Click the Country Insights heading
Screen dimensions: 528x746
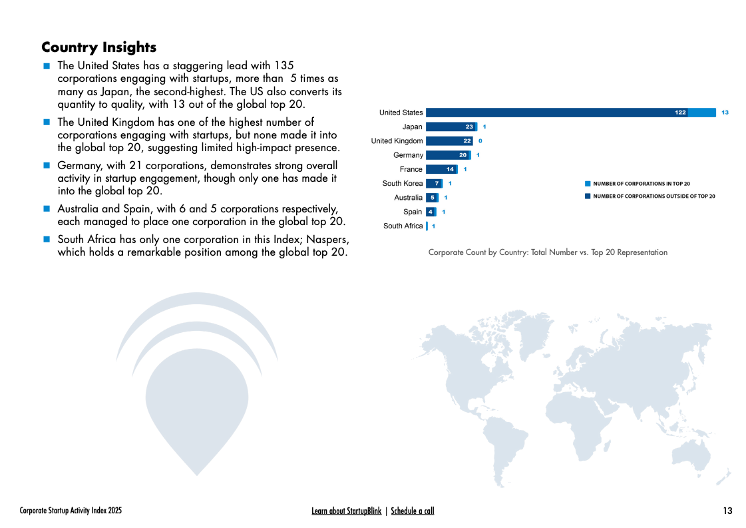[x=98, y=47]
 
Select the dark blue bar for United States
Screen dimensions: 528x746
[x=556, y=113]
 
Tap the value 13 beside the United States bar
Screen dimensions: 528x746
[x=725, y=113]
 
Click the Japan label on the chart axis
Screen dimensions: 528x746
[x=412, y=127]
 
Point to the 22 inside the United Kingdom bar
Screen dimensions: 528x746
[x=467, y=141]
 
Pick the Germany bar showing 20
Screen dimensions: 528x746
[x=447, y=155]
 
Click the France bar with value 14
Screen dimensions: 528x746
[x=441, y=169]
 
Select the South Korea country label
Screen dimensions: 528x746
[x=402, y=183]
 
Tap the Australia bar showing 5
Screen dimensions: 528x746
[x=431, y=198]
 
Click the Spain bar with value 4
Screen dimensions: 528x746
[x=431, y=212]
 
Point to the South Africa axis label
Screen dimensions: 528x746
[x=403, y=226]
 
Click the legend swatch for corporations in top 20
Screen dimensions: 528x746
[x=588, y=183]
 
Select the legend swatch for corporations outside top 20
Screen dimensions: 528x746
[x=588, y=196]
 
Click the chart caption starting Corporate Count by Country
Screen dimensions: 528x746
[x=547, y=252]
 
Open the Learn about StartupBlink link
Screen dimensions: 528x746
[x=346, y=511]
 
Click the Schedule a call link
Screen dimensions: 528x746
[x=412, y=511]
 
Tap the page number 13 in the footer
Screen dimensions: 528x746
[x=727, y=511]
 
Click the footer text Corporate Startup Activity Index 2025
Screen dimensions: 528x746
[x=71, y=511]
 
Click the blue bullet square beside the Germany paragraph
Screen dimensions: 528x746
[x=47, y=166]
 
